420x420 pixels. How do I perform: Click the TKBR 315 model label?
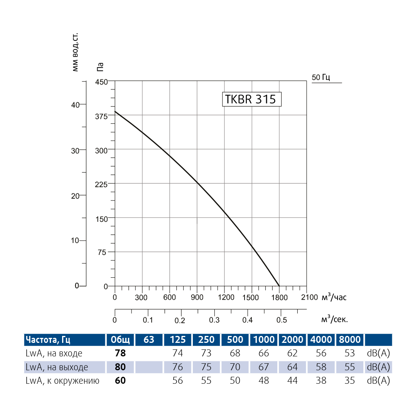tap(251, 99)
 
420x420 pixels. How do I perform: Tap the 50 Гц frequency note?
tap(321, 78)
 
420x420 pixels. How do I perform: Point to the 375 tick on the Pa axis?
tap(102, 116)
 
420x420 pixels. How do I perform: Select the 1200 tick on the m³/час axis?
tap(226, 297)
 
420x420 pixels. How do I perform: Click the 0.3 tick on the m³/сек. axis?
tap(214, 320)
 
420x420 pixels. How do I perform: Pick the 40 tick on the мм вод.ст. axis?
tap(75, 105)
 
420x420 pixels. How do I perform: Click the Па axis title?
tap(100, 67)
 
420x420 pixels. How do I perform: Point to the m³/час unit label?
tap(334, 297)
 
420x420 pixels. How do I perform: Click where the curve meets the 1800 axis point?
tap(279, 286)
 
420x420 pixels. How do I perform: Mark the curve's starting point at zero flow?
tap(115, 111)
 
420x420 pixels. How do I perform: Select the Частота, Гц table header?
tap(48, 340)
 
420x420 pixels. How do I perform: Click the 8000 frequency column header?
tap(349, 340)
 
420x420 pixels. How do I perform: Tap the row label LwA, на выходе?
tap(57, 367)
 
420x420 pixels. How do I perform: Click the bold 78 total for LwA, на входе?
tap(120, 353)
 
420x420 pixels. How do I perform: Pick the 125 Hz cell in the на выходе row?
tap(178, 367)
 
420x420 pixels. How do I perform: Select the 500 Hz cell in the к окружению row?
tap(235, 381)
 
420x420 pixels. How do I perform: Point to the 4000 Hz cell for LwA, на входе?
tap(321, 353)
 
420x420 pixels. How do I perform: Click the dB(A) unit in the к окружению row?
tap(379, 381)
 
